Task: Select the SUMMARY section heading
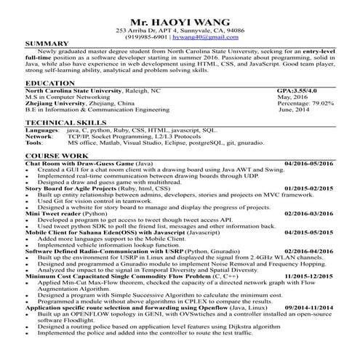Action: [x=47, y=44]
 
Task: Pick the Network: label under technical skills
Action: [x=39, y=137]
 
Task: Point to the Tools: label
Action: [x=35, y=143]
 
